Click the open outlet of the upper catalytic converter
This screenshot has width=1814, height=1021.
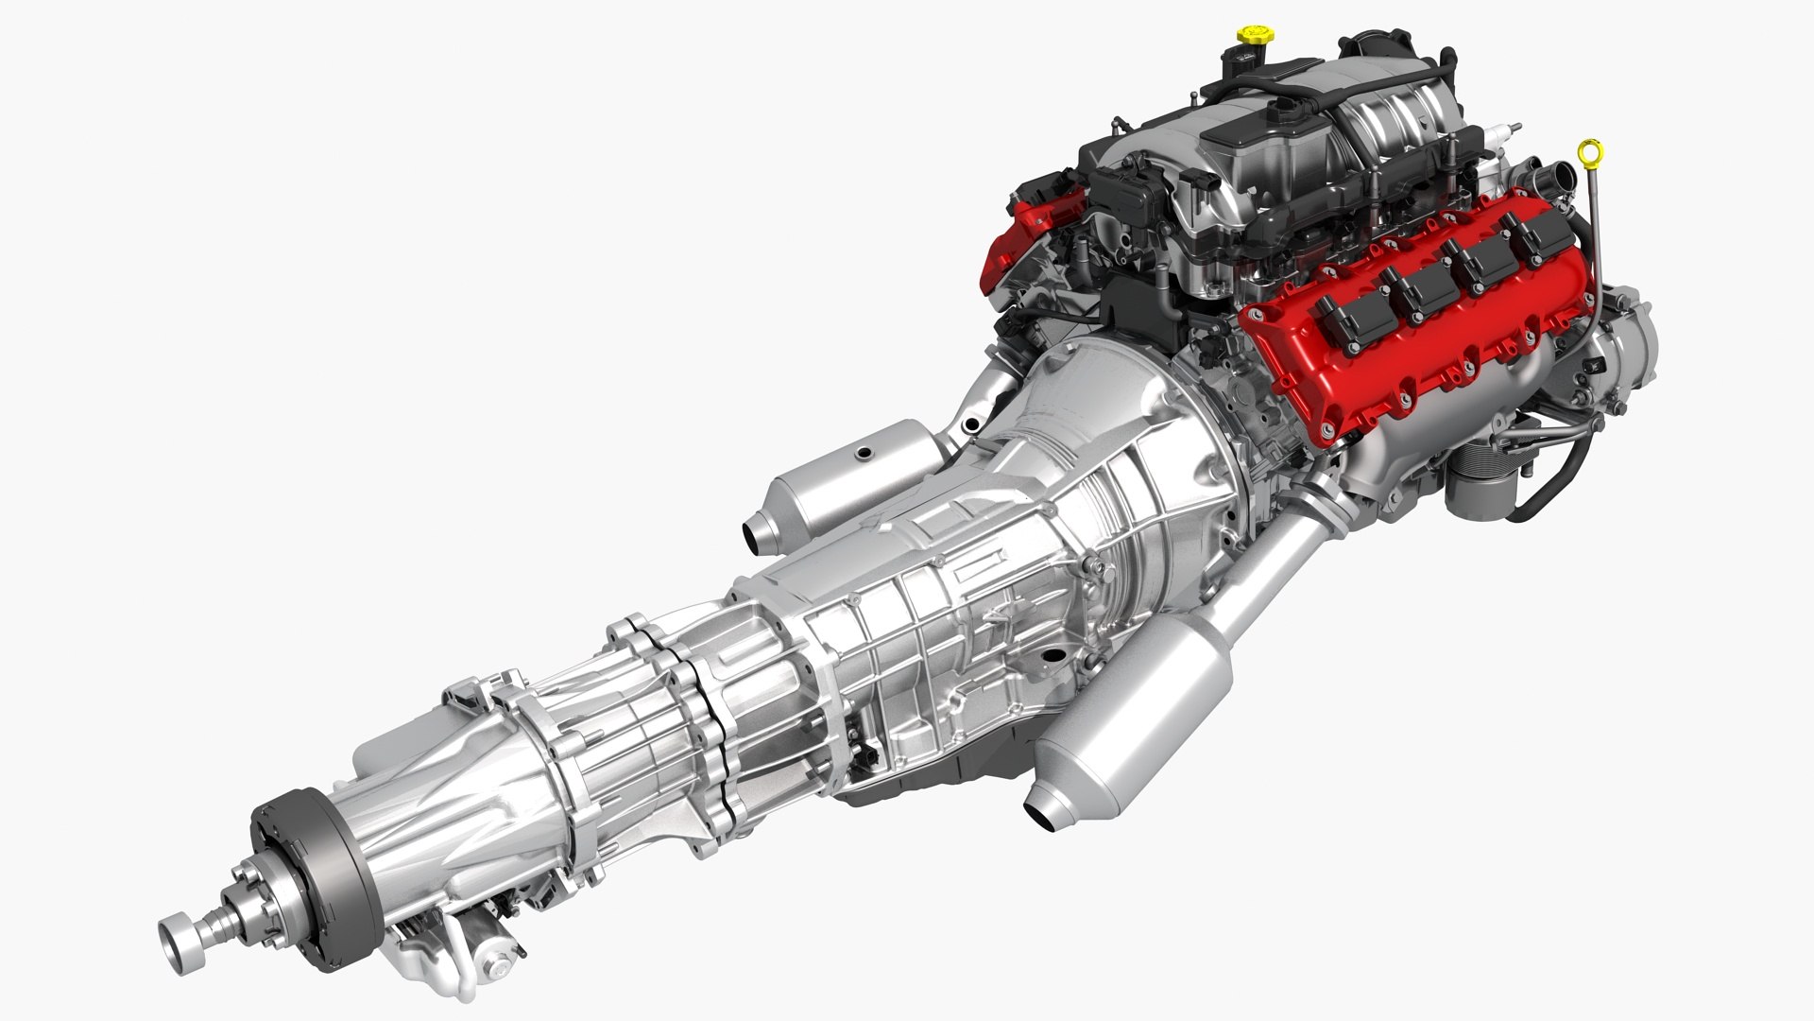755,536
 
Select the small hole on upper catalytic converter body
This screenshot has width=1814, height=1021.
861,455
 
